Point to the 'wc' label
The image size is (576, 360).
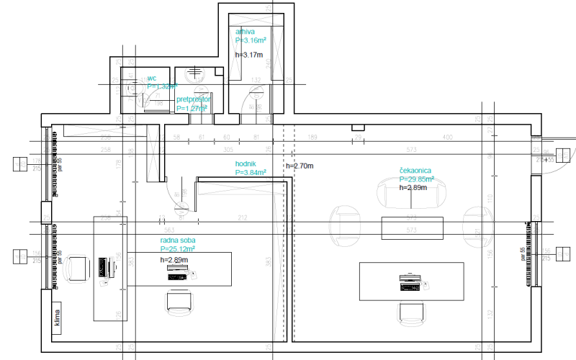click(x=152, y=78)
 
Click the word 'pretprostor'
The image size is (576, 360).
click(x=193, y=99)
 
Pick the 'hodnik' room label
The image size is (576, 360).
click(x=246, y=164)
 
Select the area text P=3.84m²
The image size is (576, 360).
click(x=251, y=173)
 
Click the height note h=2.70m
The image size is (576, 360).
click(x=300, y=166)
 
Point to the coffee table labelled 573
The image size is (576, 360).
click(x=412, y=226)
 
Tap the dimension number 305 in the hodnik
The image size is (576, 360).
click(x=228, y=150)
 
